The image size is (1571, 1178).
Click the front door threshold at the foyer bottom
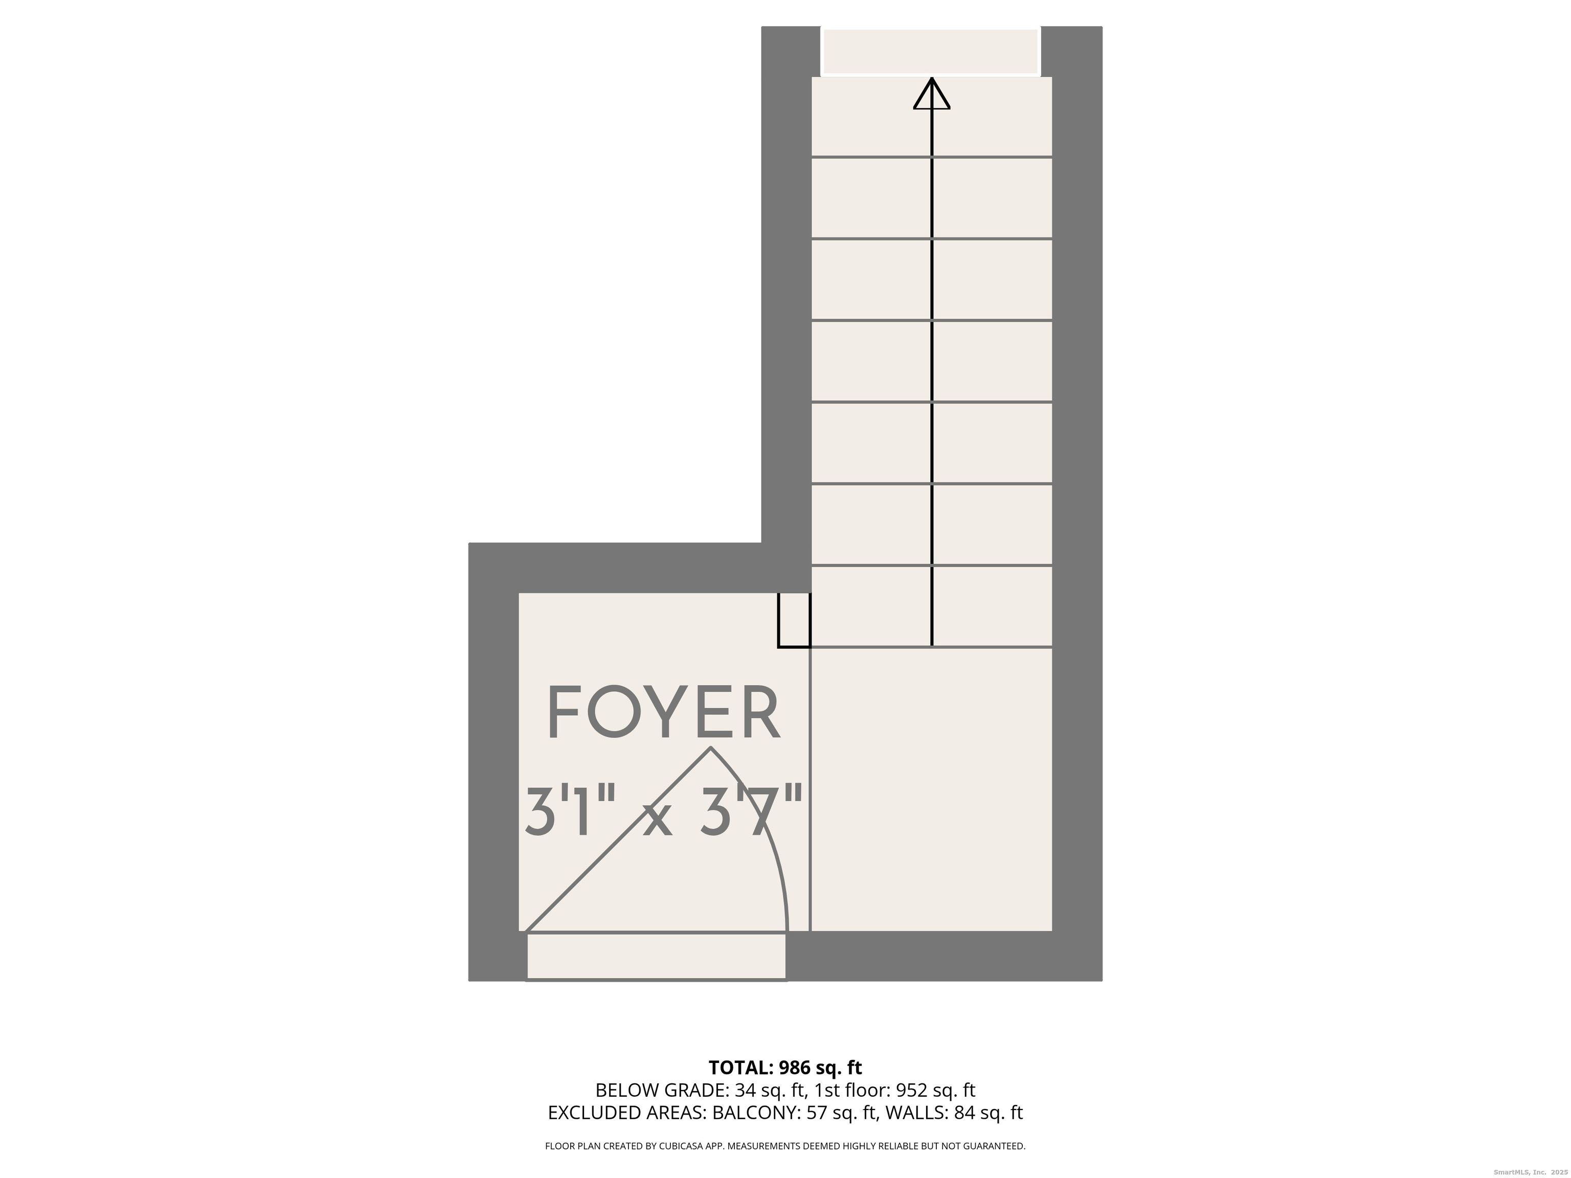(656, 957)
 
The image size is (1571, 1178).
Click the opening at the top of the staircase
(930, 51)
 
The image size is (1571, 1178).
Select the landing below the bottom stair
(931, 788)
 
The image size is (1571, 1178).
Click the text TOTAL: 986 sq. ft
(785, 1067)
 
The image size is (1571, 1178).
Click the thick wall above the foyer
(614, 568)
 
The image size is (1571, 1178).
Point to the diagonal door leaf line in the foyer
(618, 840)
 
